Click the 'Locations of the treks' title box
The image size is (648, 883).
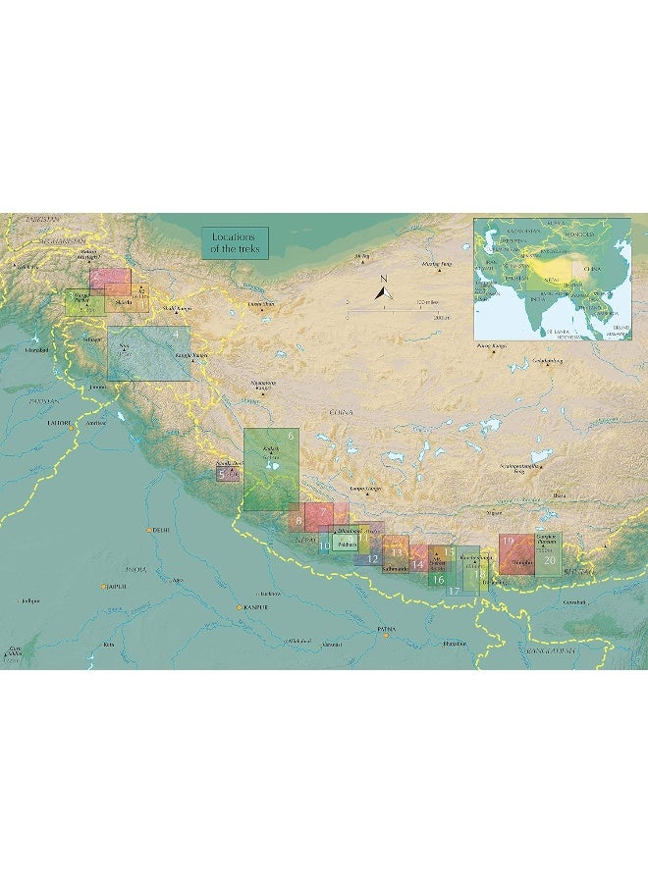234,242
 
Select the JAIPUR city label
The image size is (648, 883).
117,587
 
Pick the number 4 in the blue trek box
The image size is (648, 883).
176,335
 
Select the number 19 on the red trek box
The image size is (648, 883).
509,541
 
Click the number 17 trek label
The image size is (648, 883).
454,591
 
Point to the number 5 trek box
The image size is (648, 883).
222,474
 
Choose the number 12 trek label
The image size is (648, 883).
372,558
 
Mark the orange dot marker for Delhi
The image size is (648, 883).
150,530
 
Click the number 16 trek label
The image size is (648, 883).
438,580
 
